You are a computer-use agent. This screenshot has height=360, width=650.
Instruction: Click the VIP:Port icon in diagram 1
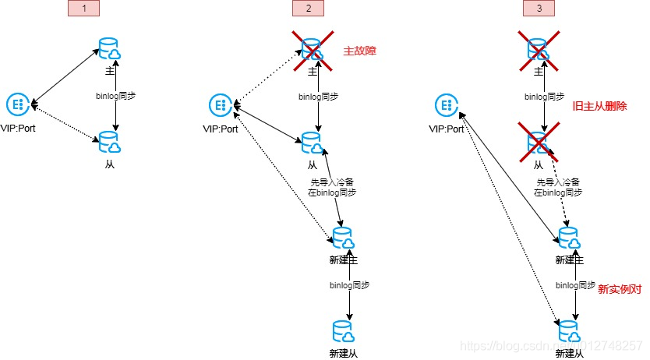coord(18,104)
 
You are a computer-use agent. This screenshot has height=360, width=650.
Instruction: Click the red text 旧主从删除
coord(599,106)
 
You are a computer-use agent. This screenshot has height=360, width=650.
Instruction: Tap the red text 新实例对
coord(620,289)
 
